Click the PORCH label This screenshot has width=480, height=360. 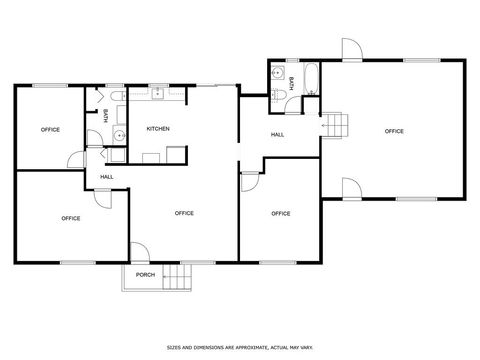pyautogui.click(x=146, y=275)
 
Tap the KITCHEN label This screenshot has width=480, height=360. pyautogui.click(x=158, y=129)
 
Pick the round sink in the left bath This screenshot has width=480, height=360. pyautogui.click(x=118, y=134)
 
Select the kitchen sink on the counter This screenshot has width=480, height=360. pyautogui.click(x=158, y=95)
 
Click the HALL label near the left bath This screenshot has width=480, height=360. pyautogui.click(x=106, y=177)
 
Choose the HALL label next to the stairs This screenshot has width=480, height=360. pyautogui.click(x=279, y=134)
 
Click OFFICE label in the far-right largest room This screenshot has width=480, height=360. pyautogui.click(x=394, y=131)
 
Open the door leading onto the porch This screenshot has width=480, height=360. pyautogui.click(x=141, y=254)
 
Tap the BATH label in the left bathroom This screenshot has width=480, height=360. pyautogui.click(x=104, y=116)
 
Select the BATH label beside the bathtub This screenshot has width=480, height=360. pyautogui.click(x=291, y=83)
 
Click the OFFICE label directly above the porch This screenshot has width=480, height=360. pyautogui.click(x=184, y=213)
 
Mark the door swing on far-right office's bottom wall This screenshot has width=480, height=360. pyautogui.click(x=349, y=188)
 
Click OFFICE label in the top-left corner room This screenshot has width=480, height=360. pyautogui.click(x=50, y=130)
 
